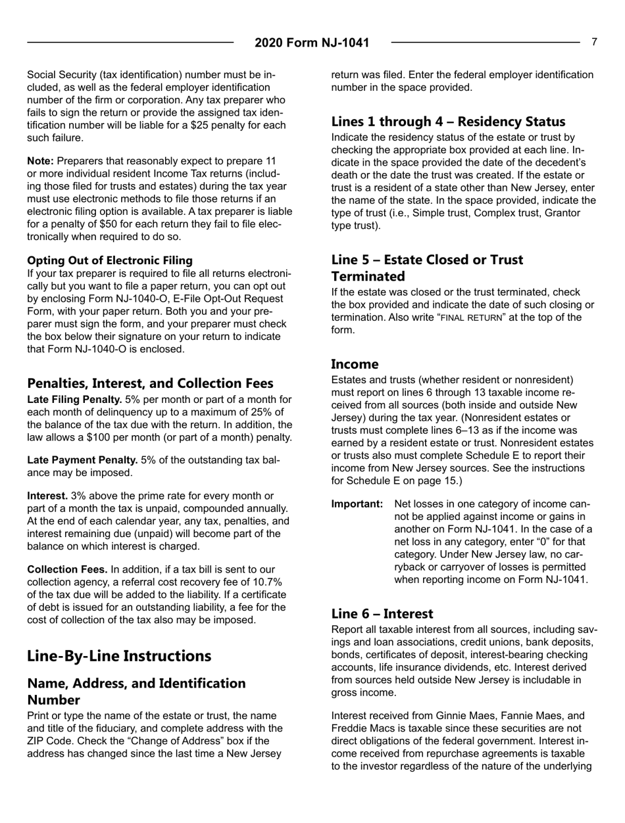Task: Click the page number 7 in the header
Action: coord(594,42)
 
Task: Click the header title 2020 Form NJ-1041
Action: coord(312,43)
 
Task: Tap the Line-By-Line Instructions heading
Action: coord(119,656)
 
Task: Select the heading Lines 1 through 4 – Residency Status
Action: coord(448,122)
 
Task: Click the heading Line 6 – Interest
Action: coord(382,614)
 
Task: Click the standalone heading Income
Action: coord(355,364)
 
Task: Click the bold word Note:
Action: coord(41,161)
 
